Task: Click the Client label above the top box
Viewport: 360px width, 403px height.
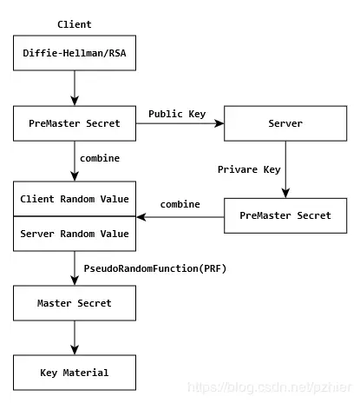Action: point(75,24)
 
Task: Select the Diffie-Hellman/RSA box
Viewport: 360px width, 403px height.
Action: point(75,53)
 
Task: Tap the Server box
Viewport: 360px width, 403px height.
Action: point(285,123)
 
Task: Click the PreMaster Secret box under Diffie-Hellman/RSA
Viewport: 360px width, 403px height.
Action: point(75,123)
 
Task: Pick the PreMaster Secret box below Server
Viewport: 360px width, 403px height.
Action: point(285,215)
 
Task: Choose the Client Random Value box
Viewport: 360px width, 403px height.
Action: point(75,199)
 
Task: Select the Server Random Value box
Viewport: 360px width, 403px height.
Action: point(75,234)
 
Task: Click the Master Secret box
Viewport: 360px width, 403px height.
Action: point(75,303)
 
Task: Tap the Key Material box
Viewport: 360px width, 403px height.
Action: point(75,373)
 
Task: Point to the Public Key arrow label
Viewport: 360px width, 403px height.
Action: point(177,114)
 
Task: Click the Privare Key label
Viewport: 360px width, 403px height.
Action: point(249,169)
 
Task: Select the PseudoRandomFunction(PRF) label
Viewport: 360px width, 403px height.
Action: point(155,268)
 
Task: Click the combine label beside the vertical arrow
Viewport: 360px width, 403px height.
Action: point(100,158)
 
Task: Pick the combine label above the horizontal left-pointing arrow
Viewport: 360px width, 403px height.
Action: point(180,204)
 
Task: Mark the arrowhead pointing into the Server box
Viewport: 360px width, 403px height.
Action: point(219,123)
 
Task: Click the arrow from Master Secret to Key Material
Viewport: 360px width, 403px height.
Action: point(75,338)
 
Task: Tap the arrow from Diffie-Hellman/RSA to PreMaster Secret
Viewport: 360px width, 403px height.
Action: point(75,88)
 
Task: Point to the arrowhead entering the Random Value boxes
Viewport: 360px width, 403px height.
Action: point(141,217)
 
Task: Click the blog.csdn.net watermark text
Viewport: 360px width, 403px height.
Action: point(270,387)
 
